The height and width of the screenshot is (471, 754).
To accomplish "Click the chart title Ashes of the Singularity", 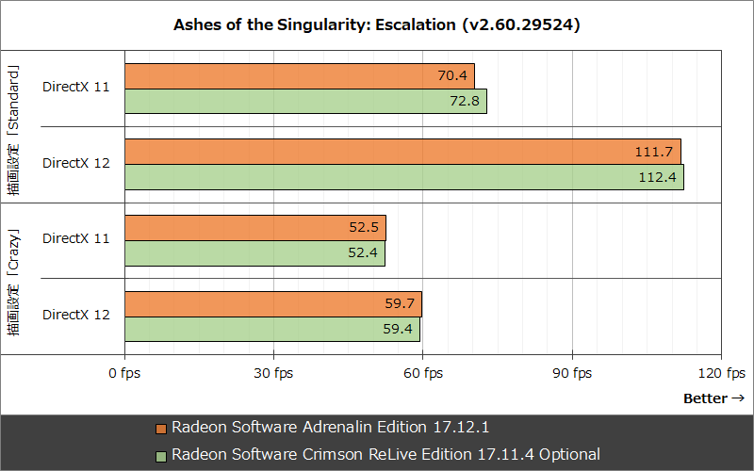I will (376, 25).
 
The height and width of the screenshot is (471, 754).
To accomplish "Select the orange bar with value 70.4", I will (299, 75).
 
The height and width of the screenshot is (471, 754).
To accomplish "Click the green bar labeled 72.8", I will (304, 101).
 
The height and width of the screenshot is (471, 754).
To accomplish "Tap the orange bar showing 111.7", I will (402, 151).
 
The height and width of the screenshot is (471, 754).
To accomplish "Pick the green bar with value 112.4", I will (403, 176).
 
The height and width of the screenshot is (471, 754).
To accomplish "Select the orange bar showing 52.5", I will (254, 227).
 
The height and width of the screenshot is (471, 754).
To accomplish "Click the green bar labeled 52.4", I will (254, 252).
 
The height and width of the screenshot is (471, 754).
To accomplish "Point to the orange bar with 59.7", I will (272, 303).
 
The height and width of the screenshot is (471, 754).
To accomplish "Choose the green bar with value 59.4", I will (271, 329).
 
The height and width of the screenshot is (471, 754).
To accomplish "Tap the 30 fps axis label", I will (273, 373).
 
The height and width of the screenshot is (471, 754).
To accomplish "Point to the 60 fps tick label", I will (423, 373).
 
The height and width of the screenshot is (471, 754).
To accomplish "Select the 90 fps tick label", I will (572, 373).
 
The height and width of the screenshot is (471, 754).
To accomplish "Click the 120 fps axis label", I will (721, 373).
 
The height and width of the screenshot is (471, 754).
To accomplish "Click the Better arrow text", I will (713, 398).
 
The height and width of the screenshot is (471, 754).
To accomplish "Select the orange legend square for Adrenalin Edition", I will (161, 428).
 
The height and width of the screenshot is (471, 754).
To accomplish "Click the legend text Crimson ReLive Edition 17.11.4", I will (385, 454).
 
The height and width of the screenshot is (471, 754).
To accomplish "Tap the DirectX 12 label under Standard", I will (76, 163).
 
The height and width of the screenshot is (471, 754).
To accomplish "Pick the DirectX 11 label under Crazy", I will (76, 239).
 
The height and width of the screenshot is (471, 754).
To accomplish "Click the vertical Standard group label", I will (13, 126).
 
